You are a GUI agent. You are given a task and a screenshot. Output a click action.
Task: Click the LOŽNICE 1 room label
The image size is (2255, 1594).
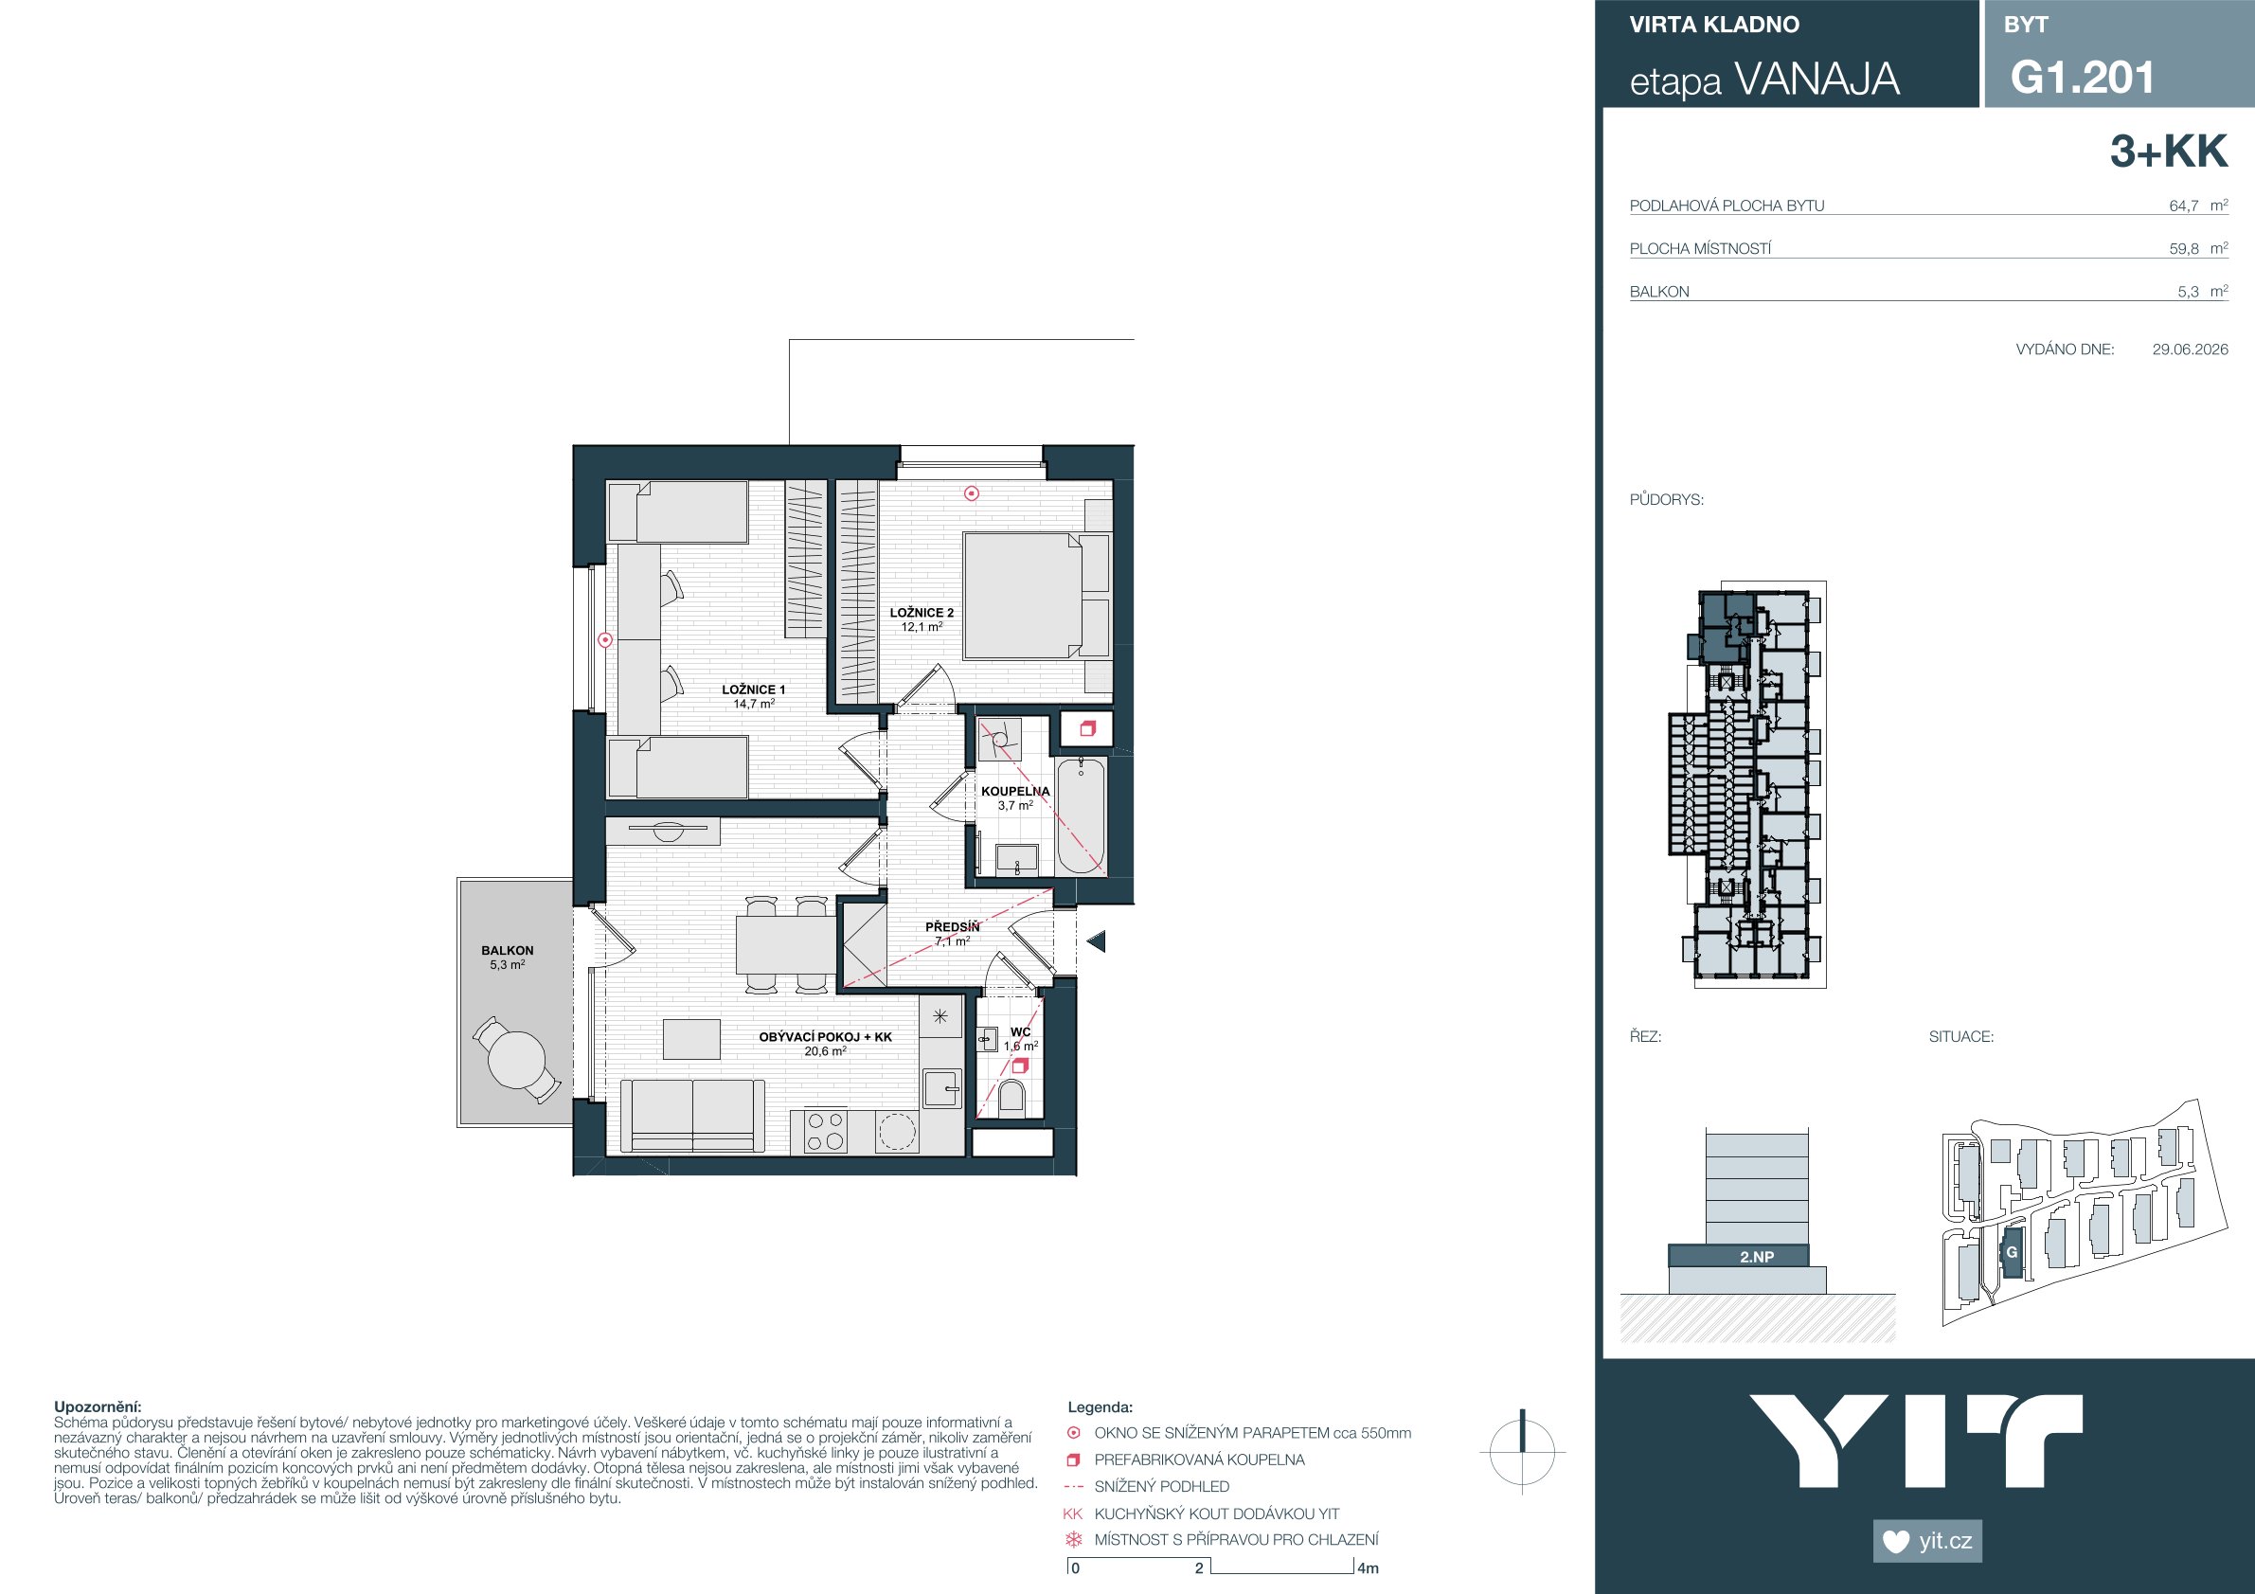pos(753,690)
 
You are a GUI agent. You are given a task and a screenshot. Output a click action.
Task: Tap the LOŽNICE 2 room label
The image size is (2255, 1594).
pos(922,613)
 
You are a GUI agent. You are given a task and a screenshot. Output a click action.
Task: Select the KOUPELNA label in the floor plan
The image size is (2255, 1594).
pos(1015,791)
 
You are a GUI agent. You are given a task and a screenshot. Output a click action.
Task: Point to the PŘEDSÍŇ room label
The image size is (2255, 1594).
pos(952,926)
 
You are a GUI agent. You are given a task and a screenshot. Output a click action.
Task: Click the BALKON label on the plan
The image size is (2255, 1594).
pos(507,951)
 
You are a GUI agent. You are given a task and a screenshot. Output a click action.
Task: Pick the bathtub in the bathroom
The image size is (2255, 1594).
pos(1081,815)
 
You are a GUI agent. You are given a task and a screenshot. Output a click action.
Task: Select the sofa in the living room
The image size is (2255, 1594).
pos(692,1115)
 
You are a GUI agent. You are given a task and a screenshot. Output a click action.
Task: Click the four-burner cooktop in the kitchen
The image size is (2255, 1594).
pos(825,1131)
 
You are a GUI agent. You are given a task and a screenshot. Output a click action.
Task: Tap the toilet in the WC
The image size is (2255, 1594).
pos(1011,1098)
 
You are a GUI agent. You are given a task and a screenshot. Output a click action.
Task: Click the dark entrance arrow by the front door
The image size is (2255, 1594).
pos(1096,940)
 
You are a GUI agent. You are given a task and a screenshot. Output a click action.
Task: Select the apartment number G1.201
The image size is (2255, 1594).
pos(2082,78)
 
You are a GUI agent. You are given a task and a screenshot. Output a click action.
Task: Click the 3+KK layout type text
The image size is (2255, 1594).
pos(2169,152)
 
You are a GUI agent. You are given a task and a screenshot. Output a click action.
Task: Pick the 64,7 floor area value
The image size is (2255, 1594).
pos(2183,206)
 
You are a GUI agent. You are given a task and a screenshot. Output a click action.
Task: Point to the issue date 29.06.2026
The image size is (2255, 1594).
pos(2191,349)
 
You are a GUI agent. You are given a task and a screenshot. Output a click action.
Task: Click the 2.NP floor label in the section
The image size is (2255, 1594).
pos(1757,1256)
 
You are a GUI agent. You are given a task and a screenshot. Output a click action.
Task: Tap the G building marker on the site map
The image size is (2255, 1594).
pos(2012,1252)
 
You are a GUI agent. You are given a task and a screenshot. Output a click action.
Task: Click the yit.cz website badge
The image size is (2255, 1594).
pos(1927,1541)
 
